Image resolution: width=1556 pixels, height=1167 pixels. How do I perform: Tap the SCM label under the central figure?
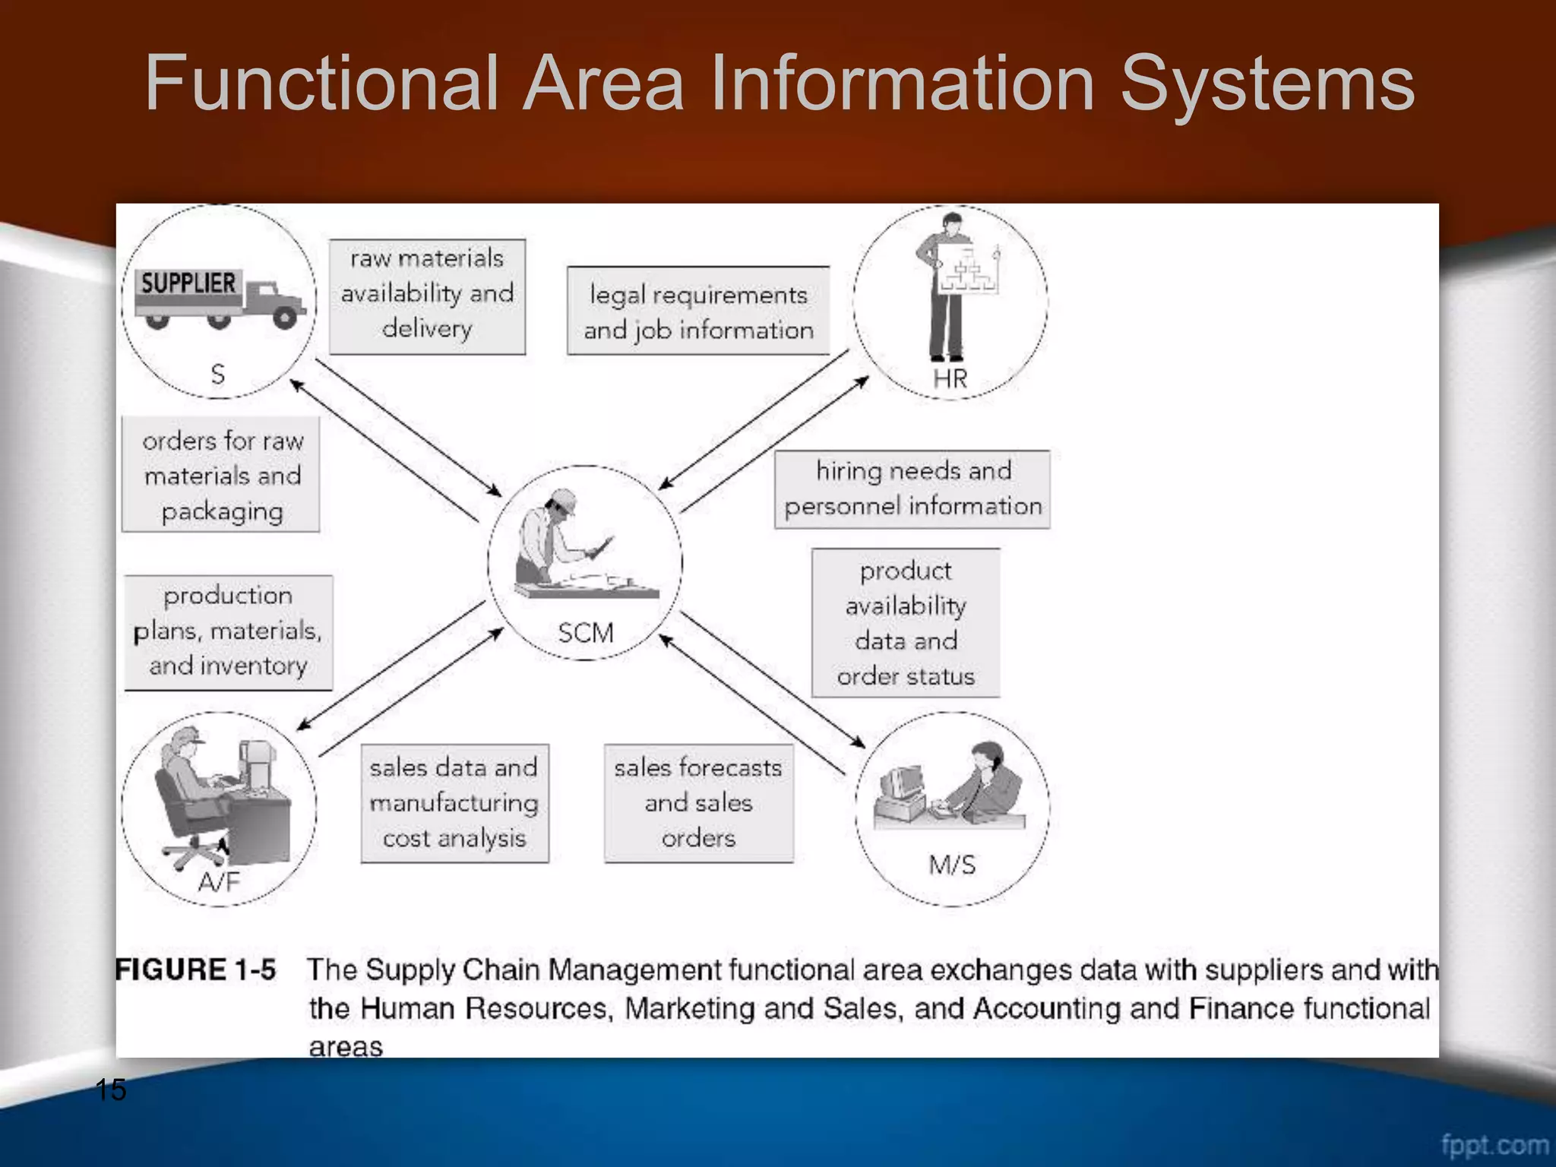(585, 633)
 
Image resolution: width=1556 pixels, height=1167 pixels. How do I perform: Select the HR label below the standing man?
(950, 378)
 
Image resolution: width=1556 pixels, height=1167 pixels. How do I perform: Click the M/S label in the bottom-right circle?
(951, 865)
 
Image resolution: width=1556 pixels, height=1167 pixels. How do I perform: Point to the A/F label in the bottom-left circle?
(218, 881)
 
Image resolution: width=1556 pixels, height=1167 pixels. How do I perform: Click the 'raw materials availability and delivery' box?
(427, 296)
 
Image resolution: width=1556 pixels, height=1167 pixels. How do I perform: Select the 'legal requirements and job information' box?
(698, 311)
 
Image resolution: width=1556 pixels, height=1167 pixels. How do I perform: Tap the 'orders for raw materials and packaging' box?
(221, 474)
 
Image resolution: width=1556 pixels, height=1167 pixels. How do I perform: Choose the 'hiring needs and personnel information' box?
(912, 489)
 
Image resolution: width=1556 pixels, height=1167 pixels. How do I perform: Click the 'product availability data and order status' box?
(906, 622)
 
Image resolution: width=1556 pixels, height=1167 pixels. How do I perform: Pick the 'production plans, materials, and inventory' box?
(228, 631)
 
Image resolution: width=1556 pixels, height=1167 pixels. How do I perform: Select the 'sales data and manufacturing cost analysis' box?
(454, 803)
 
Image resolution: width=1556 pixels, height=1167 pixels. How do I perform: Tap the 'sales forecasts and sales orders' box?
(698, 803)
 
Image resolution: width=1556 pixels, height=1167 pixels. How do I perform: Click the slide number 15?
(111, 1090)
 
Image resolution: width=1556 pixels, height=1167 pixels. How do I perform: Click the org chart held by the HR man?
(967, 269)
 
